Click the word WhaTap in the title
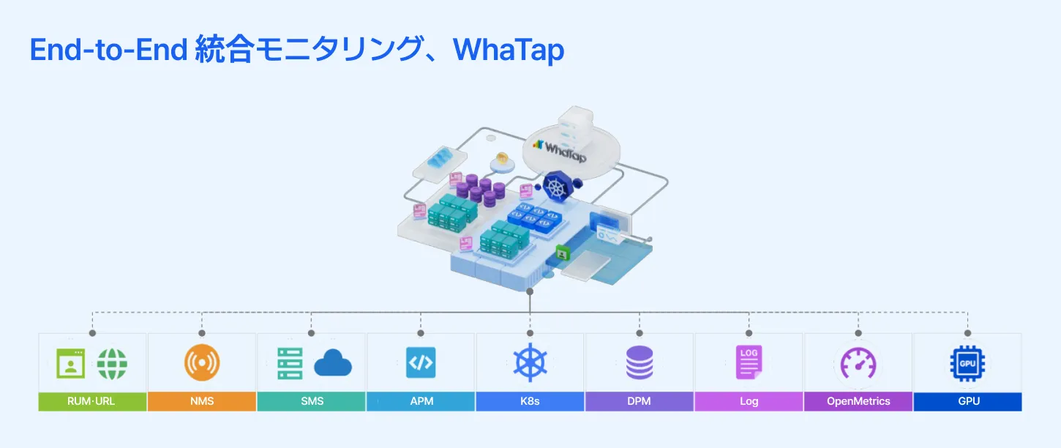[x=509, y=50]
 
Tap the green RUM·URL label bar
[x=92, y=401]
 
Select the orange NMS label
[x=201, y=401]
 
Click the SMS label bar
[x=311, y=401]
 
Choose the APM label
[x=421, y=401]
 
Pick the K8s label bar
[x=530, y=401]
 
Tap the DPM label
[x=640, y=401]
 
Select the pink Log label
[x=749, y=401]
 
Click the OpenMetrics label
[x=858, y=401]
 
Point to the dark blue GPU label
[x=967, y=401]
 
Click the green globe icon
[x=112, y=363]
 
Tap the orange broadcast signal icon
[x=201, y=363]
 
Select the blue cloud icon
[x=333, y=364]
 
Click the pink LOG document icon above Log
[x=749, y=362]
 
